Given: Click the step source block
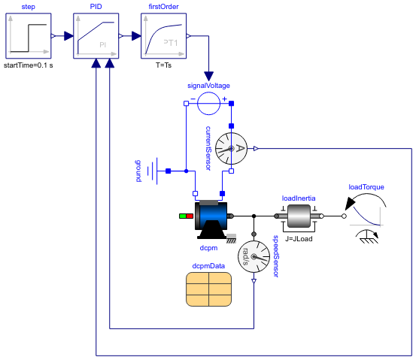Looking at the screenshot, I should (x=28, y=35).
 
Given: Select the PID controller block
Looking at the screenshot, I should (x=96, y=35).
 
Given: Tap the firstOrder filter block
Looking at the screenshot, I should (x=164, y=35).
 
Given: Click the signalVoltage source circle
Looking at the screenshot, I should (x=208, y=103).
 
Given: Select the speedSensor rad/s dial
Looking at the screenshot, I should (x=254, y=261).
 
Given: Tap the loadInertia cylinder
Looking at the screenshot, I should (x=299, y=216).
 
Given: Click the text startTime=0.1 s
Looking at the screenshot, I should (x=29, y=65).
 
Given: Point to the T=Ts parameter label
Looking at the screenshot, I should (x=164, y=65).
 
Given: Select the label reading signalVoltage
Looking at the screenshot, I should (x=208, y=86).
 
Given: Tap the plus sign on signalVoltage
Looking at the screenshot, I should (x=223, y=98).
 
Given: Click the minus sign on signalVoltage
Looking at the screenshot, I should (x=193, y=98).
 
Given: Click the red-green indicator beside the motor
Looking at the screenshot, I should (x=186, y=216).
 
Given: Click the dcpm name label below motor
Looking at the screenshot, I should (x=208, y=244).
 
